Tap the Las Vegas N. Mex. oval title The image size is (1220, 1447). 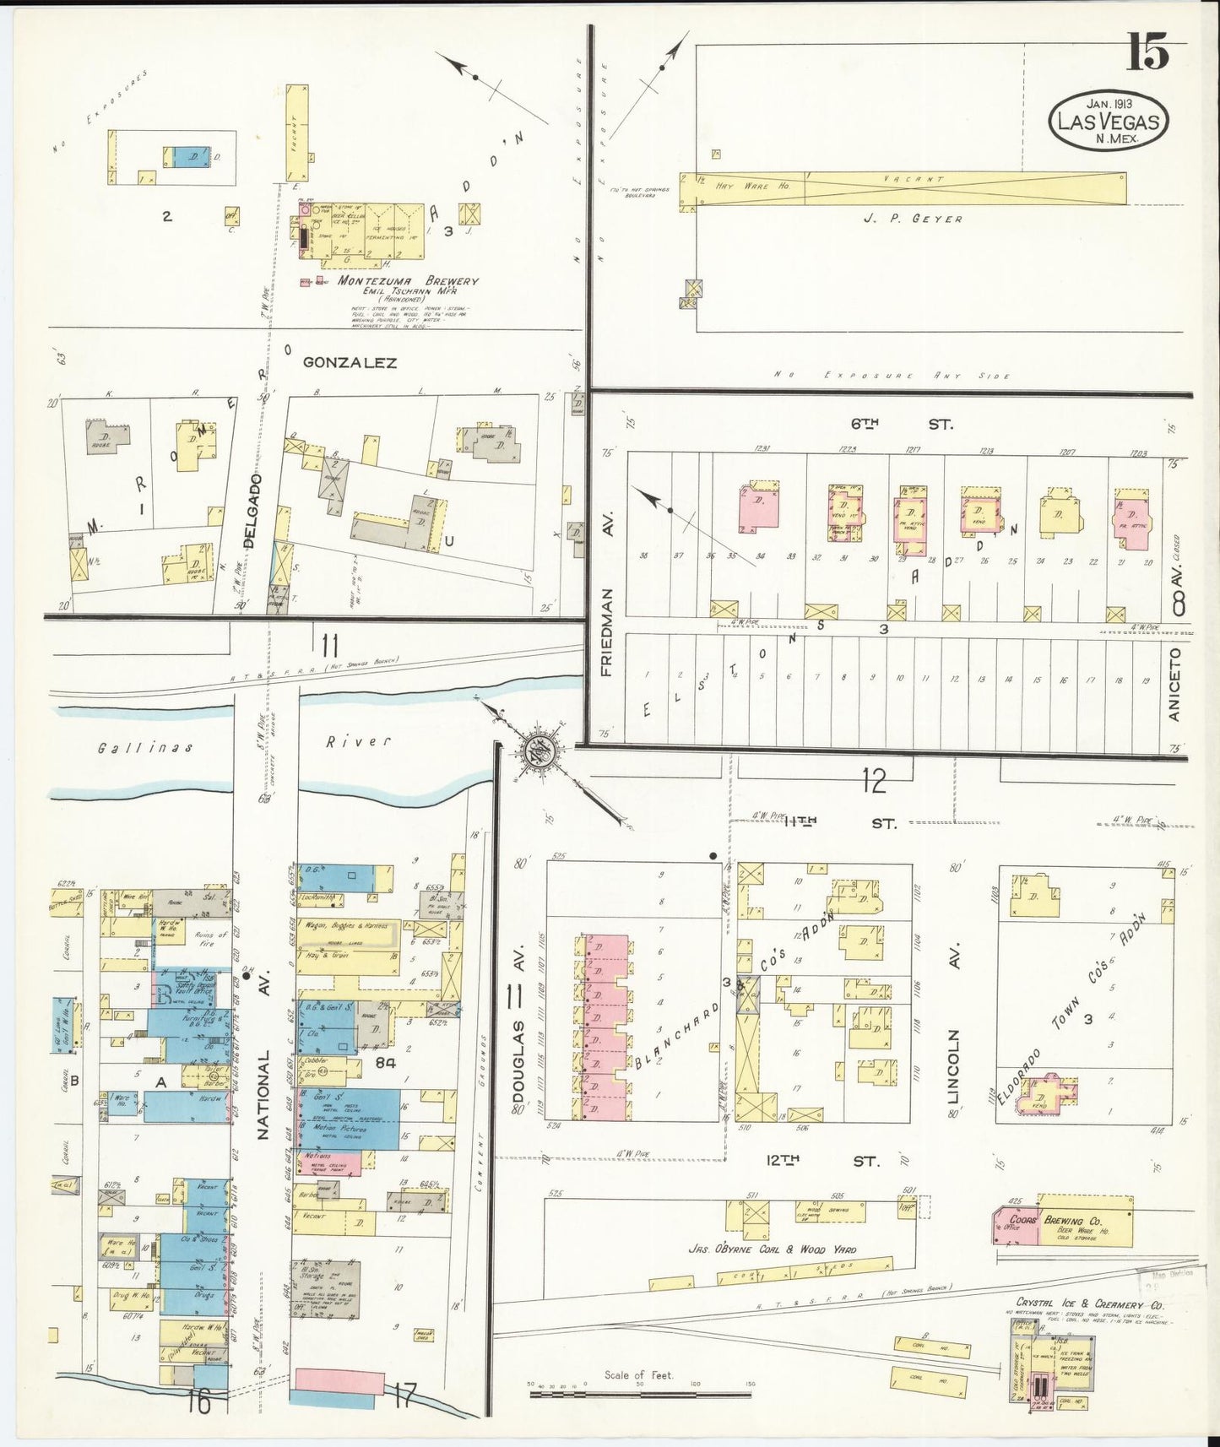pos(1109,122)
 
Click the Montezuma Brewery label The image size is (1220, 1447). pos(408,281)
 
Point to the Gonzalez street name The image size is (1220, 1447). pos(350,363)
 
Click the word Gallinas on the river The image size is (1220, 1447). pos(144,748)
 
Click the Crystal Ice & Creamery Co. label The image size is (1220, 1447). pos(1089,1304)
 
